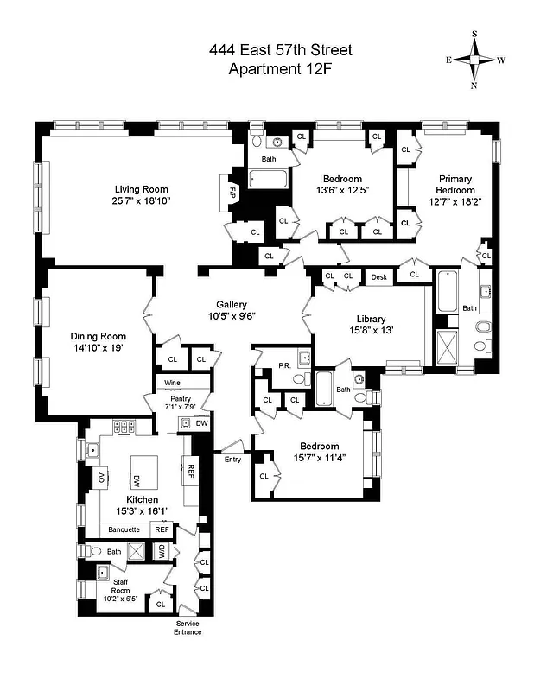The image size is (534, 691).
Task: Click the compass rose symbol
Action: click(x=474, y=60)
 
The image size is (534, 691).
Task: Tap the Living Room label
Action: click(x=142, y=189)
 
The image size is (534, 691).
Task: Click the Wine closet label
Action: click(x=173, y=383)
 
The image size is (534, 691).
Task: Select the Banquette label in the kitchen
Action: click(x=124, y=529)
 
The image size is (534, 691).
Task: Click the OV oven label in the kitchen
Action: click(x=100, y=478)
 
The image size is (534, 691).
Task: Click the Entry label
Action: click(x=233, y=459)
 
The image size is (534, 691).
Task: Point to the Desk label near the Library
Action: click(x=378, y=277)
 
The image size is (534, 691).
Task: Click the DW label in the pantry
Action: click(x=201, y=422)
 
